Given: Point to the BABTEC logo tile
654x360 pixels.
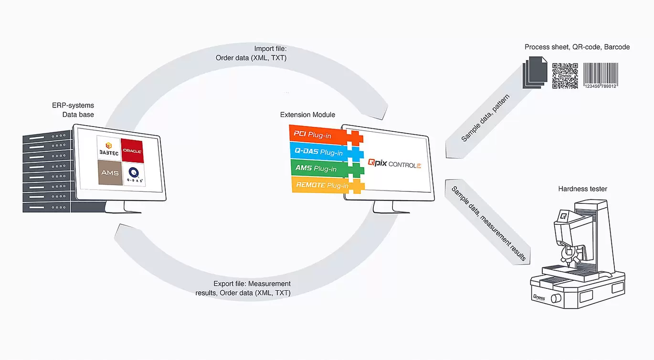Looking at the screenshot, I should coord(108,148).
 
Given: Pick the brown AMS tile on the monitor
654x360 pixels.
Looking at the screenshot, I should coord(108,172).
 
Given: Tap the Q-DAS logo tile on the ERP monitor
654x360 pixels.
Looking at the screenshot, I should coord(132,172).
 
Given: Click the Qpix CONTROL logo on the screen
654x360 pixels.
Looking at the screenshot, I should coord(394,164).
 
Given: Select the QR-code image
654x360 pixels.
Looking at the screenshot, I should coord(565,75).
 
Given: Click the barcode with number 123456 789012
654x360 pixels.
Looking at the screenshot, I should coord(601,75).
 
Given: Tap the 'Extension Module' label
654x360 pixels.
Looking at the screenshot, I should coord(307,115).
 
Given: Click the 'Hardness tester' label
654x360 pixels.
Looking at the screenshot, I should coord(582,189).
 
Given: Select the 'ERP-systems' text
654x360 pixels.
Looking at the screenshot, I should coord(73,105).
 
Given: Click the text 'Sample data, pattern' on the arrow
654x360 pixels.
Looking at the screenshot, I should coord(485,118).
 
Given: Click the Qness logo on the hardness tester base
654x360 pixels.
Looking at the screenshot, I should coord(539,297).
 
